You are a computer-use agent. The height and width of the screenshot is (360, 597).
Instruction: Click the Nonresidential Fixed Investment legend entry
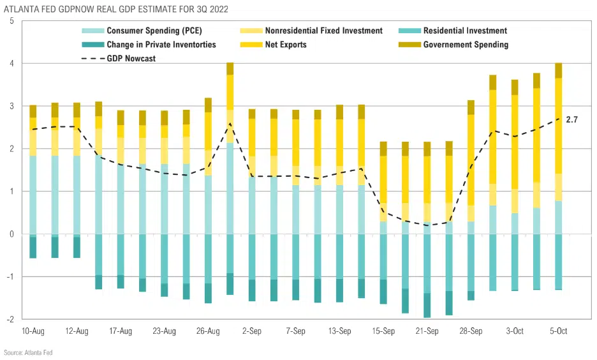[311, 31]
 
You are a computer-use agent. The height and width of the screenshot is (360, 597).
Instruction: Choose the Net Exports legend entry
[280, 45]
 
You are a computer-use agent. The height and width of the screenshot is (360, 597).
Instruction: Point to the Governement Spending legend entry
[466, 45]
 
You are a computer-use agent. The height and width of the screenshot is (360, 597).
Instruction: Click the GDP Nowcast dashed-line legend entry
[128, 58]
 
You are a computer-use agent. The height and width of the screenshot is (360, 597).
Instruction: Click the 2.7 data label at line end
[572, 119]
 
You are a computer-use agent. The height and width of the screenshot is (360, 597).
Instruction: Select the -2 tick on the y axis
[11, 319]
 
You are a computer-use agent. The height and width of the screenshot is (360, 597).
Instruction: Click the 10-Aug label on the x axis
[33, 331]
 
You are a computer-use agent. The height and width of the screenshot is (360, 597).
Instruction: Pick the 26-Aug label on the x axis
[209, 331]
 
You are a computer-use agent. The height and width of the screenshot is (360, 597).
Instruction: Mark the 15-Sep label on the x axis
[384, 331]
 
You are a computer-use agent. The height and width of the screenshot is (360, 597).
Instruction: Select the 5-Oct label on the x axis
[559, 331]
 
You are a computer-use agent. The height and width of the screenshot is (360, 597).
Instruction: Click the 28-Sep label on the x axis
[471, 331]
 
